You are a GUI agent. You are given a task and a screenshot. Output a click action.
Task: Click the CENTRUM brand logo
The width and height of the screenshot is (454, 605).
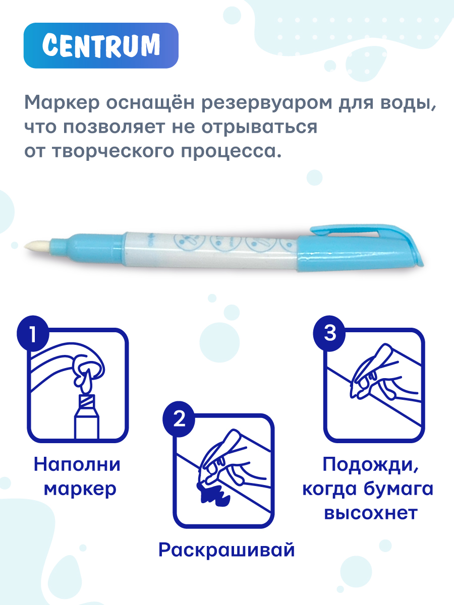point(101,45)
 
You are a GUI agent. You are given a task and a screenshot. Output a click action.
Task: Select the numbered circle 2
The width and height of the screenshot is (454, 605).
point(179,420)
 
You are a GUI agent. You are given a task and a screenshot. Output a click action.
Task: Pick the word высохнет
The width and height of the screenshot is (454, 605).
point(370,514)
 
